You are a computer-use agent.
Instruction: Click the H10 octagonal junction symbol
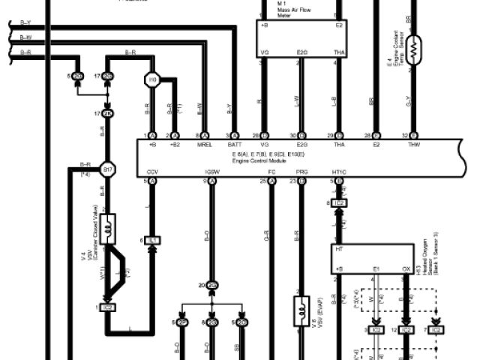click(x=152, y=77)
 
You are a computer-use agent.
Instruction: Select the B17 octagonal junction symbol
click(x=107, y=168)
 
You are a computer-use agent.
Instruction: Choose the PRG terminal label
click(x=301, y=172)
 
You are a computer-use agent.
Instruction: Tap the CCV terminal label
click(x=152, y=172)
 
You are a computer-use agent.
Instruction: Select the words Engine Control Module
click(x=257, y=160)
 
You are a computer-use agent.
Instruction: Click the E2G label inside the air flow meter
click(x=301, y=52)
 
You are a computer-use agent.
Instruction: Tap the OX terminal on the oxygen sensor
click(x=406, y=268)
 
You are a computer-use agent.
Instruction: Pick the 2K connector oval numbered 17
click(x=107, y=114)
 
